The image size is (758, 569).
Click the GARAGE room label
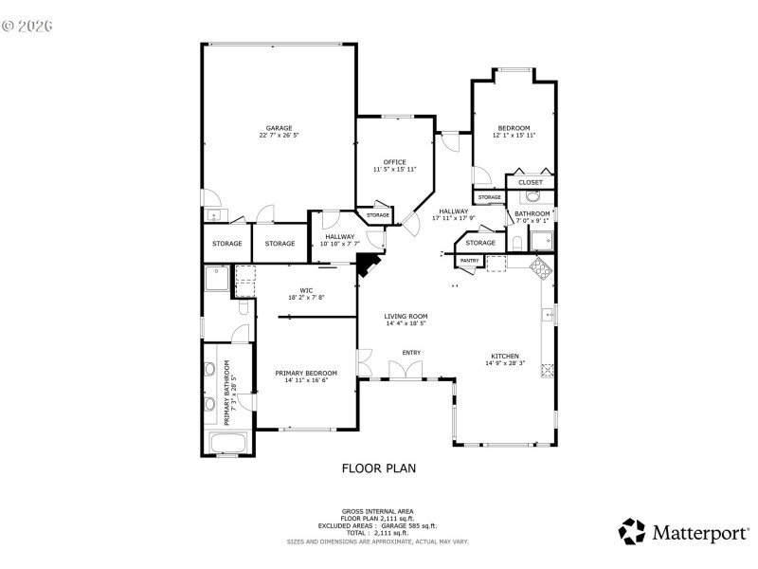pyautogui.click(x=279, y=128)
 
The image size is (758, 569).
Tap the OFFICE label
pyautogui.click(x=394, y=161)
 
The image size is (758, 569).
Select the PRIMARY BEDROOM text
pyautogui.click(x=306, y=374)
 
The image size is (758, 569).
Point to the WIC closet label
pyautogui.click(x=306, y=290)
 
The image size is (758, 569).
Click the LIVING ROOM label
pyautogui.click(x=406, y=317)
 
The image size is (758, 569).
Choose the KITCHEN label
pyautogui.click(x=502, y=356)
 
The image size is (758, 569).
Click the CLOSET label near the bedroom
pyautogui.click(x=531, y=182)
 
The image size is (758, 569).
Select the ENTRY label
pyautogui.click(x=411, y=353)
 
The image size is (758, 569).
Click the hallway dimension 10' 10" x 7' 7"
pyautogui.click(x=339, y=244)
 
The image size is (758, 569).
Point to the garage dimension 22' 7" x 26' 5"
pyautogui.click(x=279, y=136)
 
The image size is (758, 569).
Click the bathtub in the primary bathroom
pyautogui.click(x=227, y=443)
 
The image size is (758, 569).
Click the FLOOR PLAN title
pyautogui.click(x=378, y=468)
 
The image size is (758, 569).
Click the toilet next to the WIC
pyautogui.click(x=244, y=308)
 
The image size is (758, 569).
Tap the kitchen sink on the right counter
pyautogui.click(x=547, y=313)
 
